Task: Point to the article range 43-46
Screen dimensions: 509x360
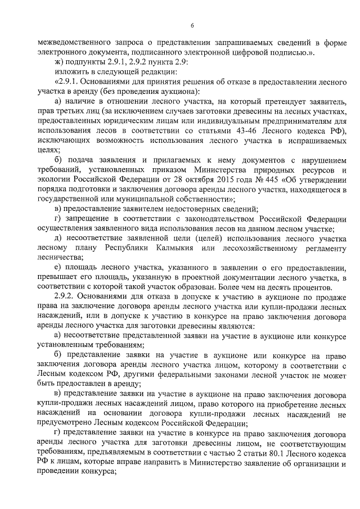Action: [230, 131]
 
